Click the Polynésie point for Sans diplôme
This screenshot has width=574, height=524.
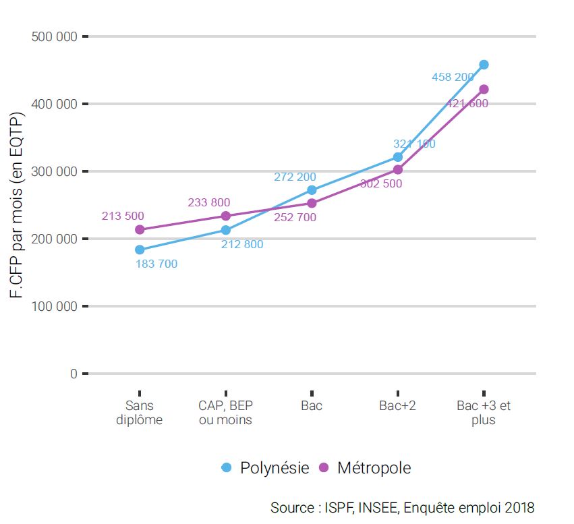pyautogui.click(x=140, y=250)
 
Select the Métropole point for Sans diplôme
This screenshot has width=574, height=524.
pyautogui.click(x=140, y=229)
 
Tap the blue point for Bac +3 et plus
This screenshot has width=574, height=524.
pyautogui.click(x=484, y=65)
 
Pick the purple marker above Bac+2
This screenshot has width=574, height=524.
pyautogui.click(x=398, y=170)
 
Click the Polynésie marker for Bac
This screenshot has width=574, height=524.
pyautogui.click(x=312, y=190)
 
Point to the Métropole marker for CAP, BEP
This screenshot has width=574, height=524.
pyautogui.click(x=226, y=216)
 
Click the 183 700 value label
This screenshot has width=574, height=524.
pyautogui.click(x=156, y=264)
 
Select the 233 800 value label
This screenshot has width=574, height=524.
pyautogui.click(x=209, y=202)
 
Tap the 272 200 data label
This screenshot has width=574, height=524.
pyautogui.click(x=295, y=177)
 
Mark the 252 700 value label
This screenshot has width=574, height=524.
pyautogui.click(x=295, y=218)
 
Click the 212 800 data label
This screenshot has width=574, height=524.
pyautogui.click(x=242, y=245)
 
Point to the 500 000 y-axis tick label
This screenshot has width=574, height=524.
pyautogui.click(x=55, y=36)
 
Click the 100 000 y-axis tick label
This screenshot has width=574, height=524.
pyautogui.click(x=55, y=306)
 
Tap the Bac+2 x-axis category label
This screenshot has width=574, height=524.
pyautogui.click(x=397, y=406)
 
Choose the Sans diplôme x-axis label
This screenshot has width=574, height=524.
pyautogui.click(x=140, y=413)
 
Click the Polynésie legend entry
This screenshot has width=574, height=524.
pyautogui.click(x=266, y=467)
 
